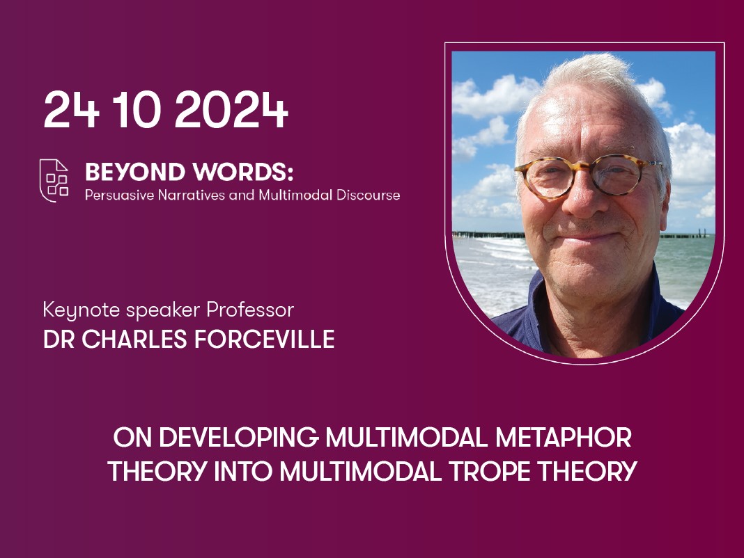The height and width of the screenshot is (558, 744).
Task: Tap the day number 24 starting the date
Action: coord(72,109)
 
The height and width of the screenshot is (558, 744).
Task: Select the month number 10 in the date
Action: coord(139,109)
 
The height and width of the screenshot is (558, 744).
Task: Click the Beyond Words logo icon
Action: coord(54,180)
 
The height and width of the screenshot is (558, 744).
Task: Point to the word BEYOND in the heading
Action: coord(134,172)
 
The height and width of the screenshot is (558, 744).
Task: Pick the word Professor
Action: coord(250,310)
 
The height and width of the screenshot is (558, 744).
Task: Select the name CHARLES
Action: coord(134,340)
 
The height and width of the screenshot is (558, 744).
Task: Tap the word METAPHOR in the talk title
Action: coord(564,437)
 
